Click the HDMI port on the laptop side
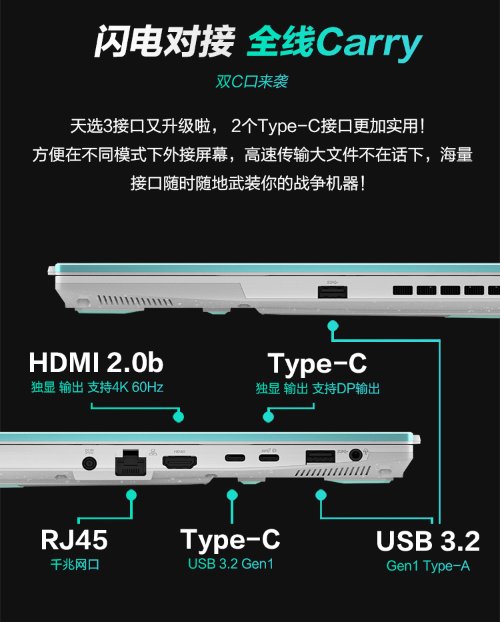[x=179, y=462]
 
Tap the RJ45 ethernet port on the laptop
[x=131, y=463]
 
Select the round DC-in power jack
[x=89, y=463]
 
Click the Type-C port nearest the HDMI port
[x=235, y=458]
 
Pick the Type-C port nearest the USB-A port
[x=269, y=458]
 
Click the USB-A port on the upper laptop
[x=333, y=292]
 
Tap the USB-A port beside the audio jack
[x=320, y=457]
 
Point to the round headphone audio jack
[x=355, y=455]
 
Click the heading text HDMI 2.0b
[x=96, y=362]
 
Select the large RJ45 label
[x=74, y=540]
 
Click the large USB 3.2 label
[x=428, y=541]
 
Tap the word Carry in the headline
[x=369, y=43]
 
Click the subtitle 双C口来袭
[x=252, y=82]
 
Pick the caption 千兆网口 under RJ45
[x=75, y=564]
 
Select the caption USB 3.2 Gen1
[x=231, y=564]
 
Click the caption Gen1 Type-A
[x=428, y=566]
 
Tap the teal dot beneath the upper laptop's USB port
[x=333, y=326]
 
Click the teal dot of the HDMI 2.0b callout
[x=179, y=417]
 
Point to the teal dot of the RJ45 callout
[x=131, y=495]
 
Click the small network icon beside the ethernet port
[x=153, y=452]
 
